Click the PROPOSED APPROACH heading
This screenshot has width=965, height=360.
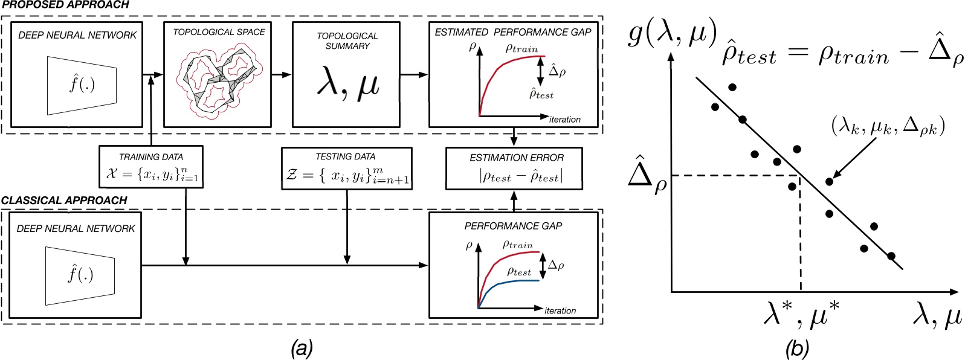click(x=65, y=5)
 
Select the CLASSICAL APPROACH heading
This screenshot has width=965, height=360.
click(x=65, y=200)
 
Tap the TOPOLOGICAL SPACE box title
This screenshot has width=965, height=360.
click(x=219, y=32)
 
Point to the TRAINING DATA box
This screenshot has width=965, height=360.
click(x=150, y=167)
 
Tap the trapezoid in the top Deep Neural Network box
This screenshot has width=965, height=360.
click(x=82, y=85)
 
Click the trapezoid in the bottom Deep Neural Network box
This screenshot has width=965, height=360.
click(x=80, y=275)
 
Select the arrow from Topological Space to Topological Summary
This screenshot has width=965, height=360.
click(x=281, y=75)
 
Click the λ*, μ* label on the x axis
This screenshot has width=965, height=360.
click(x=801, y=315)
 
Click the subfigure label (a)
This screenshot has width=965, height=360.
click(x=301, y=349)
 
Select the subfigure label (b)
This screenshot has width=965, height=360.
click(x=796, y=349)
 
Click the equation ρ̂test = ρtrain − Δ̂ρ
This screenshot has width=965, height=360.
click(x=842, y=54)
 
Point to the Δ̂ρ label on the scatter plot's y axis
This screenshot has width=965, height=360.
click(x=647, y=176)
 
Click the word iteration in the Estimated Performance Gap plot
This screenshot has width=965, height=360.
click(x=564, y=120)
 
